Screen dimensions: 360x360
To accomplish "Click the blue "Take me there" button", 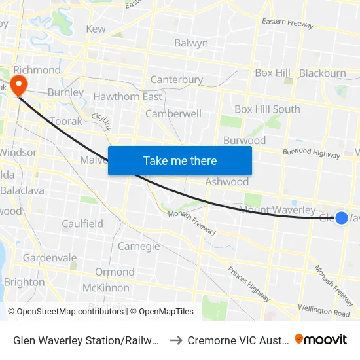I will click(180, 160).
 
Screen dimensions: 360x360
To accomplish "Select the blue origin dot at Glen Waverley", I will click(342, 217).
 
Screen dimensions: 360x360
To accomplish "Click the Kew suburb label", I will click(96, 29).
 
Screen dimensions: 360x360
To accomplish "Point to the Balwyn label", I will click(191, 43).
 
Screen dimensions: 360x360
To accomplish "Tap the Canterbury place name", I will click(177, 80).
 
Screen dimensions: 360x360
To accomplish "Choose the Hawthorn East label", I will click(128, 97).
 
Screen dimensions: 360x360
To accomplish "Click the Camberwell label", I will click(173, 113).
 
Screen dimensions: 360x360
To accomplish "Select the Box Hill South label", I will click(267, 109).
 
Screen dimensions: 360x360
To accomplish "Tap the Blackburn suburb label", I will click(323, 73).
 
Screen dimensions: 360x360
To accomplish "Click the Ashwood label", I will click(227, 181).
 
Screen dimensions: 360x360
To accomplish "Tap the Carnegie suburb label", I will click(139, 246).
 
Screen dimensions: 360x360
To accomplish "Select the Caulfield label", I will click(82, 224).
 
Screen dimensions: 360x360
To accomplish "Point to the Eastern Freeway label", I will click(287, 24).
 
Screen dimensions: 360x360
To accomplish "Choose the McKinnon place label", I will click(106, 288).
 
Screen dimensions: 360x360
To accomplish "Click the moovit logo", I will click(321, 339).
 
